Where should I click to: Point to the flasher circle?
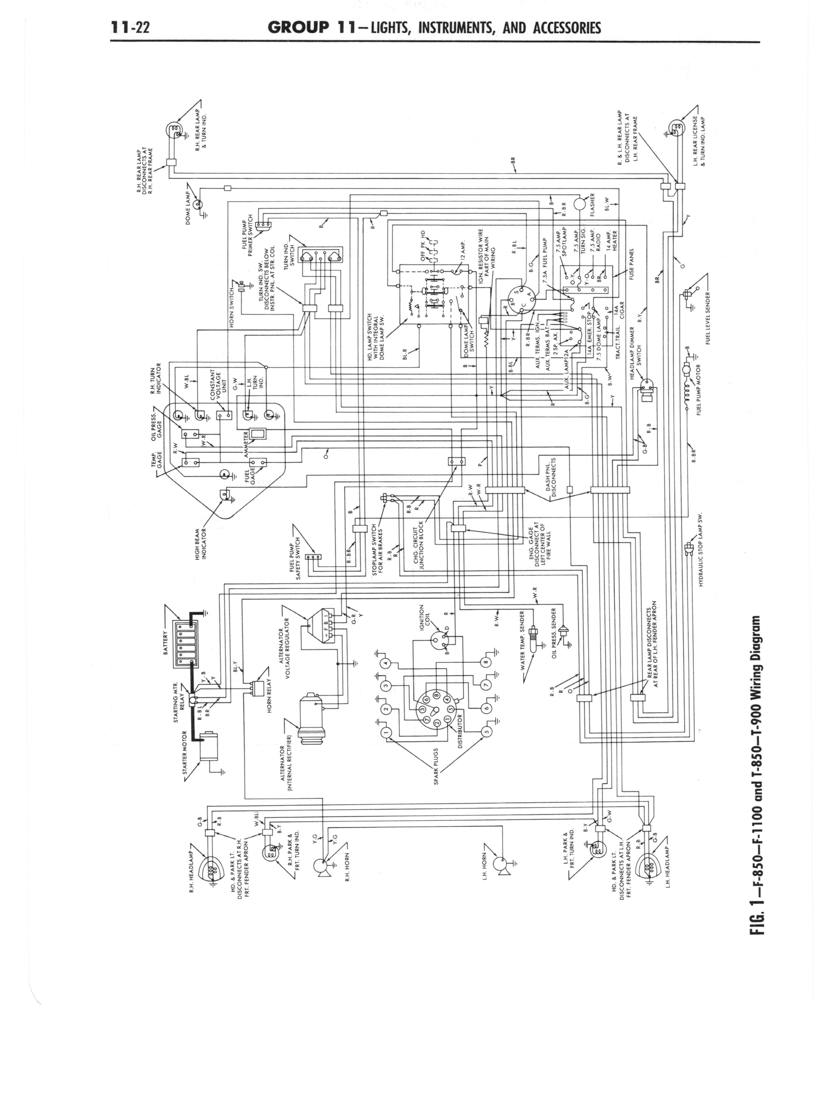coord(580,203)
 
